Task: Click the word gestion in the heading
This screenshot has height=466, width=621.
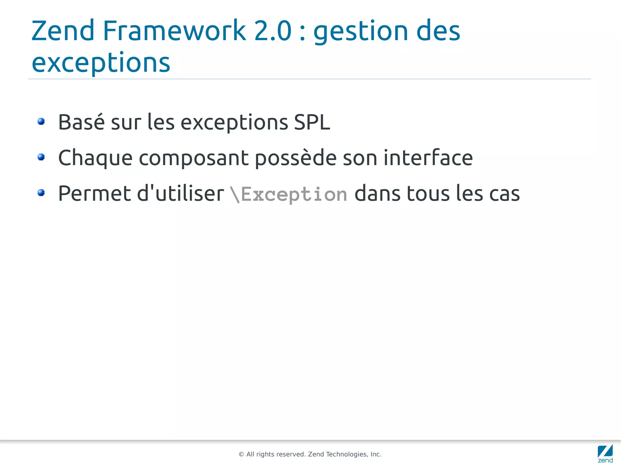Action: coord(361,32)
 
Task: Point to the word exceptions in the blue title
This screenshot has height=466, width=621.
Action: coord(101,63)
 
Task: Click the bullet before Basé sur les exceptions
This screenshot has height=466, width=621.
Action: coord(41,122)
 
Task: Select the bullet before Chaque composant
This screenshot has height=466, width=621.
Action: coord(41,157)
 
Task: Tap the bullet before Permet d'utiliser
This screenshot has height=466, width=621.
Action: coord(41,193)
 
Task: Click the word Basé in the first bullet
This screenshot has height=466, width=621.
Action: coord(81,122)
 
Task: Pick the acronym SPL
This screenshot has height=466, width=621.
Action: coord(312,122)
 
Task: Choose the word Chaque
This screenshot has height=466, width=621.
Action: coord(95,158)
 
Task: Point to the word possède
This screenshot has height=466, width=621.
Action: coord(296,158)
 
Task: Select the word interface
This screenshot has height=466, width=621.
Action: coord(428,158)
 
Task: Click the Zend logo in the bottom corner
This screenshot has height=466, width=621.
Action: coord(605,453)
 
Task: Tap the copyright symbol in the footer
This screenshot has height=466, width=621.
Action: coord(241,454)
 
